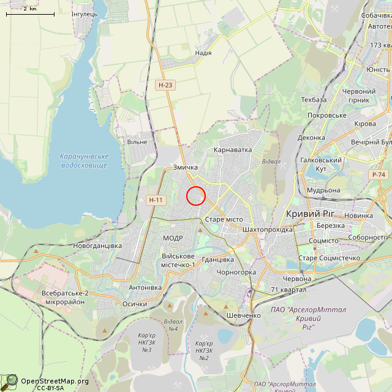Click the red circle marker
point(195,195)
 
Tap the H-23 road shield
point(164,86)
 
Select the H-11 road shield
point(156,200)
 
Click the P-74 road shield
point(379,175)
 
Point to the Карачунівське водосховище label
point(84,161)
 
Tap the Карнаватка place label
point(233,149)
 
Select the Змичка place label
point(185,167)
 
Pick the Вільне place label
point(137,142)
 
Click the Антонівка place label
point(145,288)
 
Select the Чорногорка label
point(236,271)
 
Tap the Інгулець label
point(84,13)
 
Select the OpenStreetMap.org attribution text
point(55,381)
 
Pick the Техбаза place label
point(314,100)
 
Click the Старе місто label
point(224,219)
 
